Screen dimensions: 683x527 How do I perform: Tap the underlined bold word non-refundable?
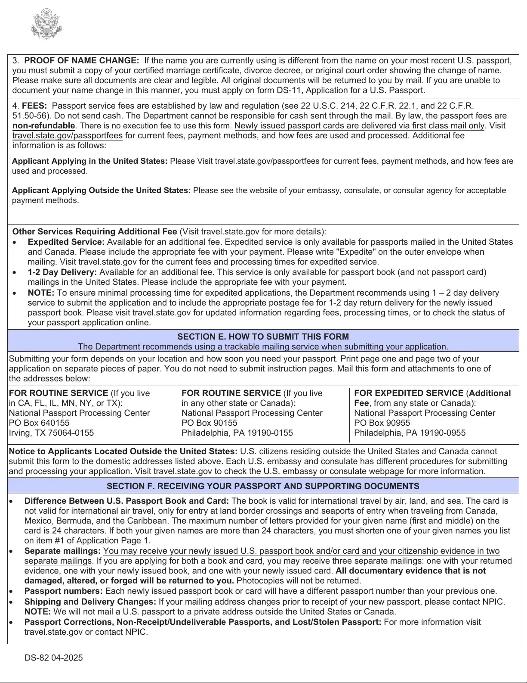[x=43, y=126]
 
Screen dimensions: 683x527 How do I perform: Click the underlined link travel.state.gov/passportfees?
[x=68, y=136]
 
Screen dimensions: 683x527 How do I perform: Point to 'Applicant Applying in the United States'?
[x=89, y=161]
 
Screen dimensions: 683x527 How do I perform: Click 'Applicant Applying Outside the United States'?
[x=101, y=190]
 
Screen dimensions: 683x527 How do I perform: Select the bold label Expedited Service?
[x=66, y=242]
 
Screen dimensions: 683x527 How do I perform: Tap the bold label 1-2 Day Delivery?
[x=62, y=272]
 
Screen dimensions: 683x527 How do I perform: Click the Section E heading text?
[x=263, y=337]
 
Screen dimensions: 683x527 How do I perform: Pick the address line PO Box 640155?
[x=39, y=423]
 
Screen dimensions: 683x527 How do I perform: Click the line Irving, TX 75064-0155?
[x=51, y=433]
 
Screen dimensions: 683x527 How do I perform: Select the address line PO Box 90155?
[x=210, y=423]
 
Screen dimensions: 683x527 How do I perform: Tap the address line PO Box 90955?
[x=382, y=423]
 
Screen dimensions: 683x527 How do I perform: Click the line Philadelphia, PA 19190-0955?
[x=410, y=433]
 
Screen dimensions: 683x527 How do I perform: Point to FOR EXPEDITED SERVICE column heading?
[x=409, y=393]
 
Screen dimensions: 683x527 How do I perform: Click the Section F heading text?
[x=263, y=487]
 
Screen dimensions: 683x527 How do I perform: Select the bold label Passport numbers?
[x=63, y=591]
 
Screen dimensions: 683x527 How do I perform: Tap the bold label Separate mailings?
[x=62, y=551]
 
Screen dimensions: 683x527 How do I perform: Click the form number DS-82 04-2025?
[x=54, y=658]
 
